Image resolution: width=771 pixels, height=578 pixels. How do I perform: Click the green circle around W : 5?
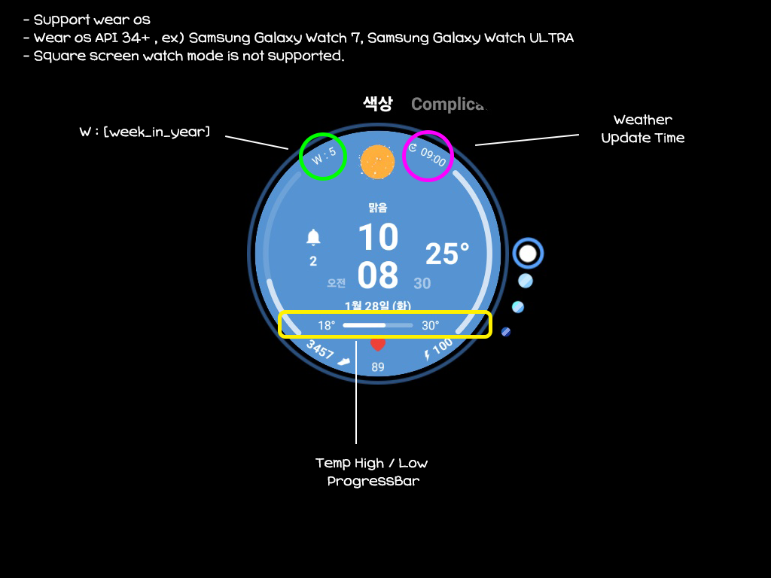pos(323,157)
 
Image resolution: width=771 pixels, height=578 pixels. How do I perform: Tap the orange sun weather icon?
pos(378,161)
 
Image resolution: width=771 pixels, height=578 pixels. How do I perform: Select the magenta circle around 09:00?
pos(428,156)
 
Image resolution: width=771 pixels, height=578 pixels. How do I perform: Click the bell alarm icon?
pos(313,239)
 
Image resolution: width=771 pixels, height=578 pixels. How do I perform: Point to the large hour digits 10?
pos(378,238)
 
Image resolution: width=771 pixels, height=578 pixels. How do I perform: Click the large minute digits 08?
pos(378,275)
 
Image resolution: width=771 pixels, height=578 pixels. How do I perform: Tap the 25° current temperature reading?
pos(447,254)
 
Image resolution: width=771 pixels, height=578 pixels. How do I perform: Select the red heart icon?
pos(378,345)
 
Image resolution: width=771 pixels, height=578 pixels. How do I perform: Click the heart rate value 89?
pos(378,367)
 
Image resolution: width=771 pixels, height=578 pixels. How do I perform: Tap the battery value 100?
pos(442,347)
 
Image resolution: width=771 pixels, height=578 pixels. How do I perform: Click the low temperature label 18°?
pos(326,326)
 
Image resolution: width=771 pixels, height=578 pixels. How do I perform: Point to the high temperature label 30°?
pos(430,326)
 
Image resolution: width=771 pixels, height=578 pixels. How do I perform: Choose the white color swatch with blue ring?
pos(528,254)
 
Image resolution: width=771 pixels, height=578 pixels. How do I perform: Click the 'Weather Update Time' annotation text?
pos(642,129)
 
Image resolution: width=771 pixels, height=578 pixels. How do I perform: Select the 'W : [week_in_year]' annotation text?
pos(145,132)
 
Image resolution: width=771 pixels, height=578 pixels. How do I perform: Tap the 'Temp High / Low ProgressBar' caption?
pos(372,472)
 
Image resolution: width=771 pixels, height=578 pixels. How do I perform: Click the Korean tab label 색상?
pos(377,104)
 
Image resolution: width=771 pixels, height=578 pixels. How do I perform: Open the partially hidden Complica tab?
pos(447,105)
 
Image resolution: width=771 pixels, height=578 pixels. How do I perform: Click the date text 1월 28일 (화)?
pos(378,306)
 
